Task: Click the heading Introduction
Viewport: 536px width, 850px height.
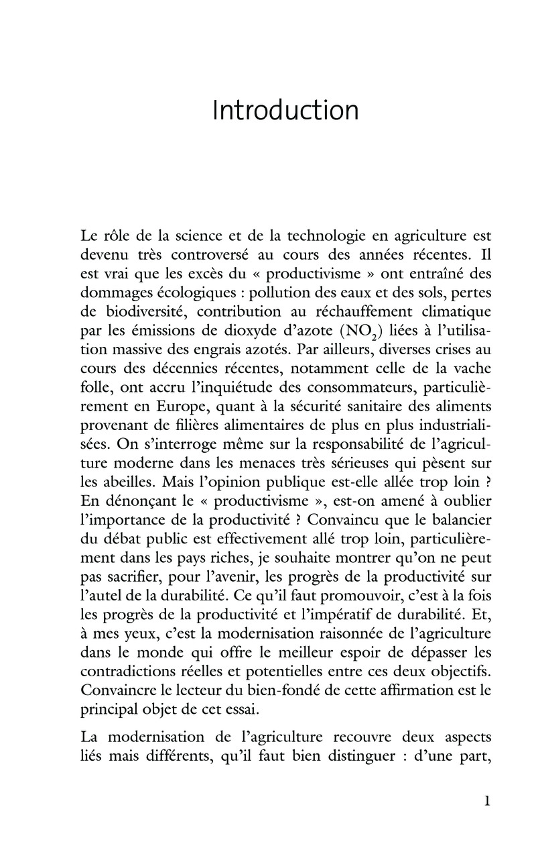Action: tap(285, 111)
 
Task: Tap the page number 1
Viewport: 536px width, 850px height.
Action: tap(487, 801)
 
